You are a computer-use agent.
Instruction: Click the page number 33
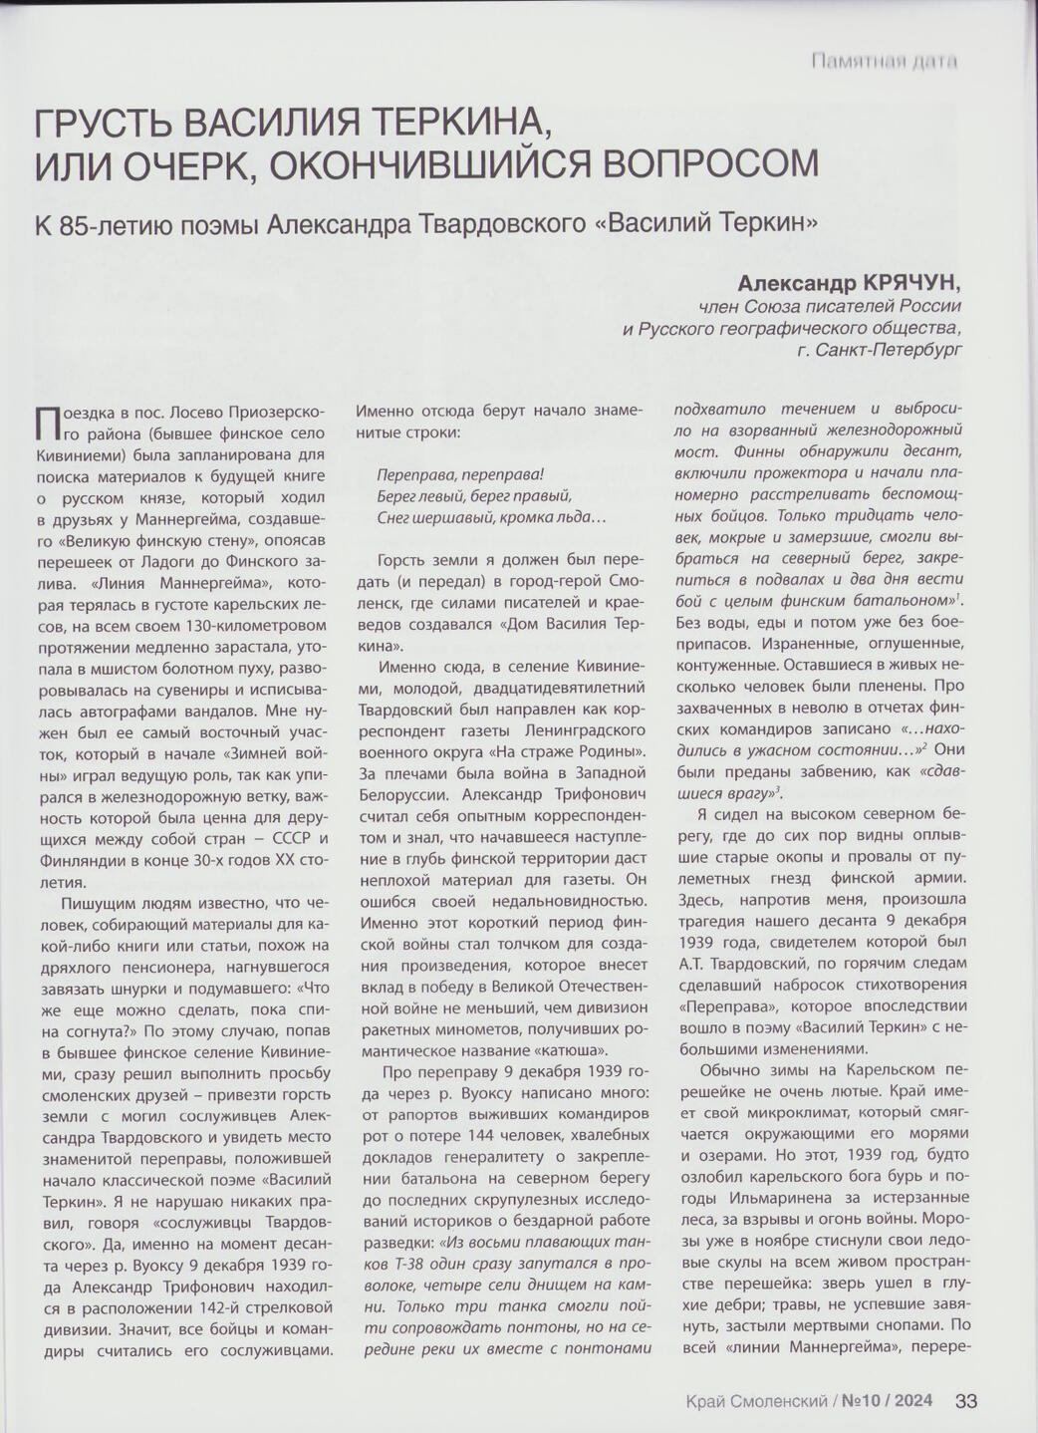965,1400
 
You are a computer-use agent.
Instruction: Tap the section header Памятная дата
884,62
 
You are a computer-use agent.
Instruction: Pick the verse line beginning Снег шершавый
491,517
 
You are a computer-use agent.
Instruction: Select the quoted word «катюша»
585,1049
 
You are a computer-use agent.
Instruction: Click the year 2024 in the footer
913,1400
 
